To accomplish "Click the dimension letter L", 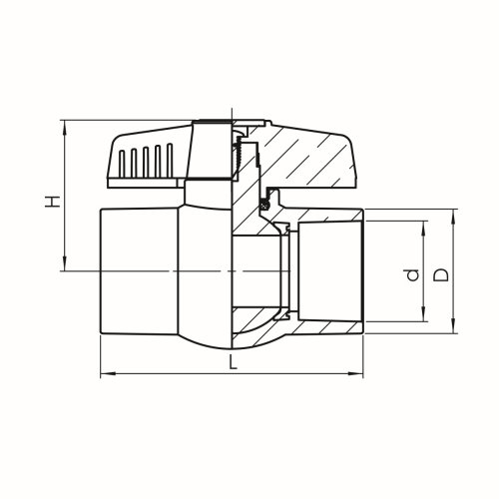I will coord(233,364).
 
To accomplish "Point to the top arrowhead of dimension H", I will coord(66,125).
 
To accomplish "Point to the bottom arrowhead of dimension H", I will coord(66,266).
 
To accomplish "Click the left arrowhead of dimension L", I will coord(105,375).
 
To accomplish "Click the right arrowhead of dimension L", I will coord(360,375).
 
